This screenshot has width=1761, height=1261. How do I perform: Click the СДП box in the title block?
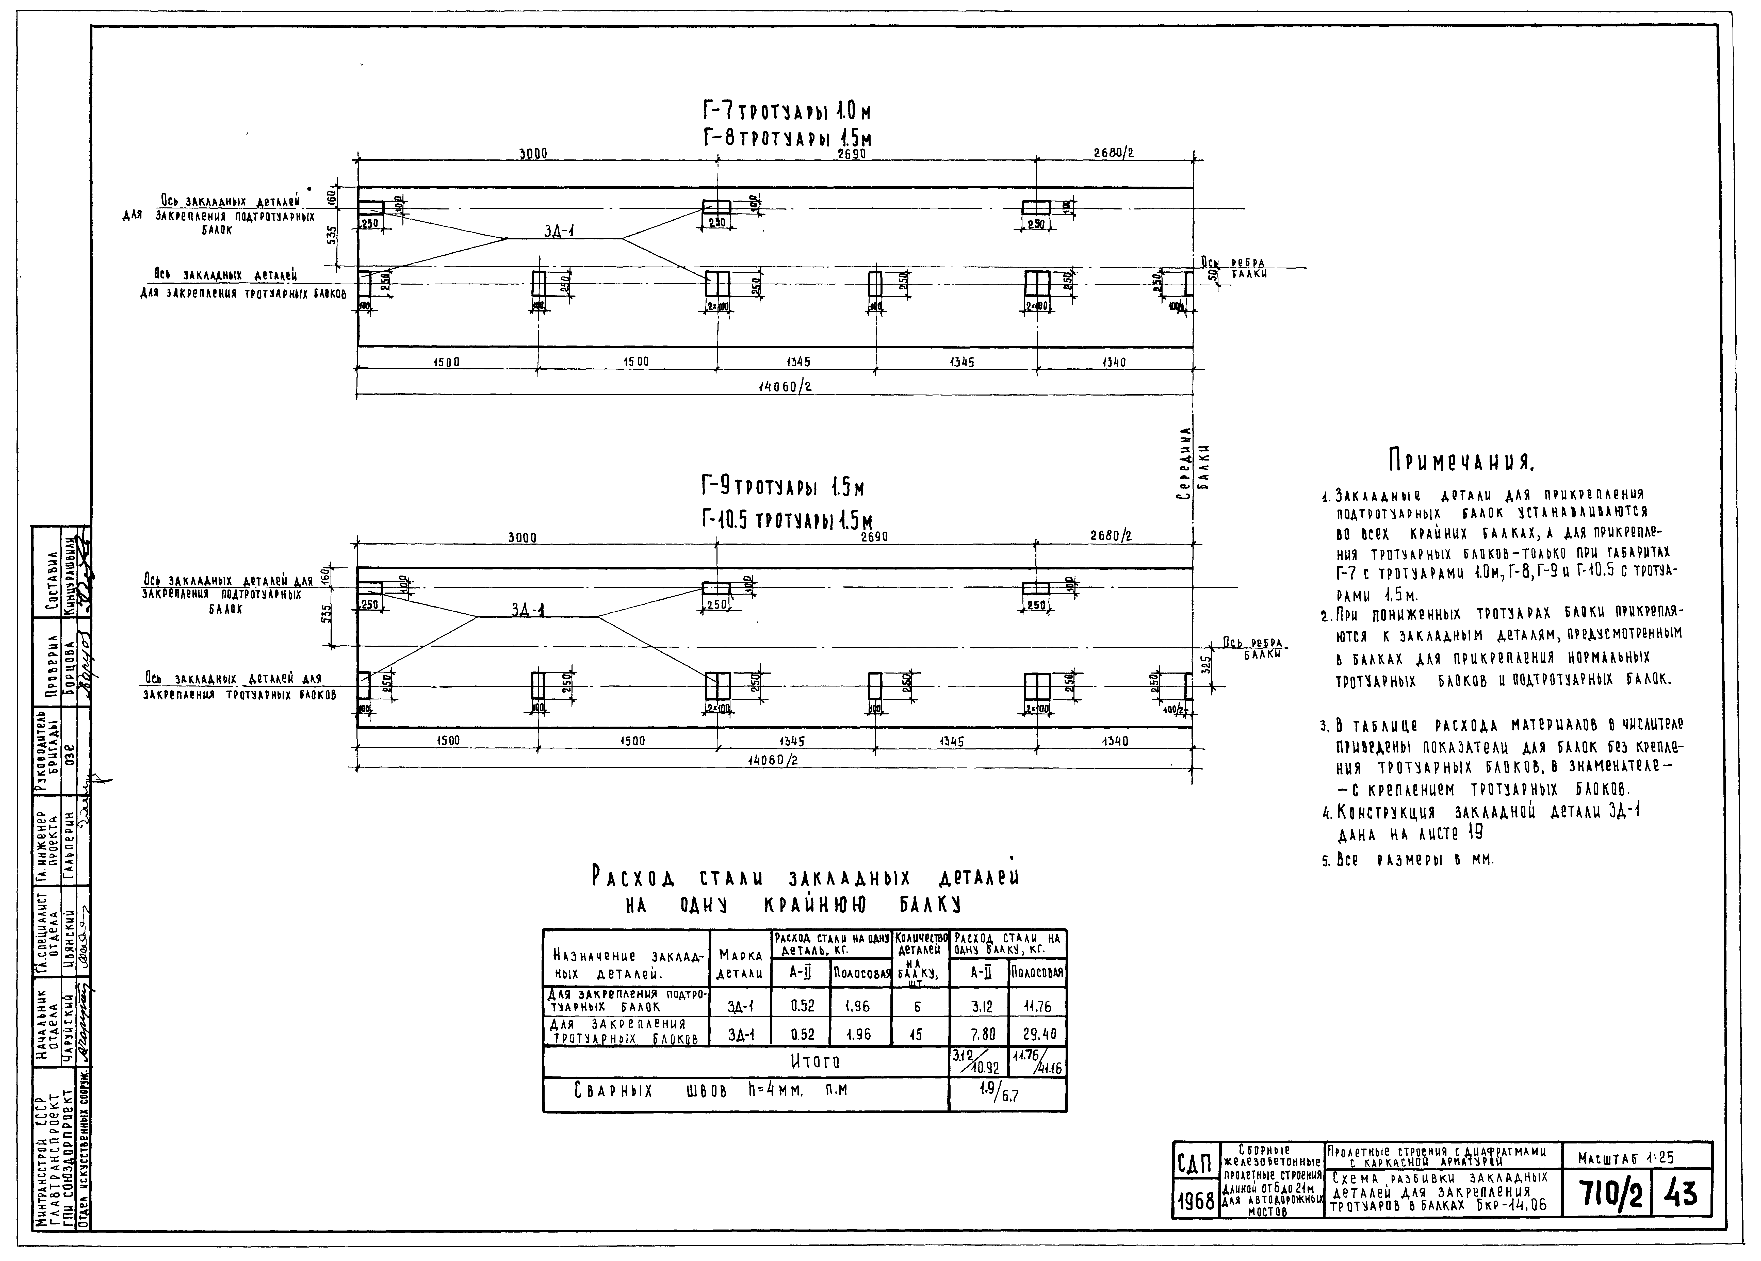[x=1195, y=1165]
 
